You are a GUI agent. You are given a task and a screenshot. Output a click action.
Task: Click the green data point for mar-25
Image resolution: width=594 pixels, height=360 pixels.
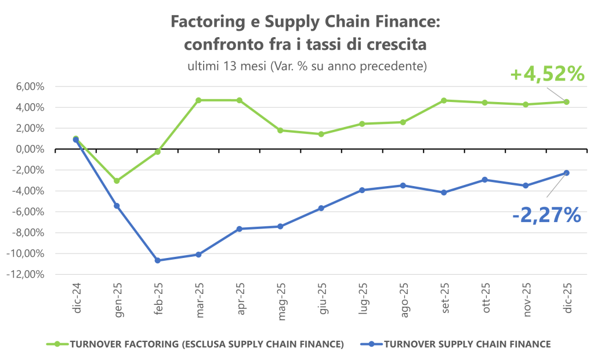click(198, 100)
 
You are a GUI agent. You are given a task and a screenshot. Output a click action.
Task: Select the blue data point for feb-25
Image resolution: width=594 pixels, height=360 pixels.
click(158, 260)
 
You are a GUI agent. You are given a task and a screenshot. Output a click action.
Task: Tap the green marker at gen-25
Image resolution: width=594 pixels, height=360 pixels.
click(117, 181)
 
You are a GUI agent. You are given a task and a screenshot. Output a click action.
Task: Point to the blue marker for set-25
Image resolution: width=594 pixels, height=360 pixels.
click(444, 192)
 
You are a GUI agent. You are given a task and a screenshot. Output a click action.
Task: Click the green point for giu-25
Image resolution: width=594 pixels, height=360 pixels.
click(321, 134)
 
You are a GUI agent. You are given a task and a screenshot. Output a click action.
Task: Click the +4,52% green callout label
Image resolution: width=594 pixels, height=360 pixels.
click(546, 74)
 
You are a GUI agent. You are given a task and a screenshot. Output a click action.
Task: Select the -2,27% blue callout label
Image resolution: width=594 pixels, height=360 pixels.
click(546, 215)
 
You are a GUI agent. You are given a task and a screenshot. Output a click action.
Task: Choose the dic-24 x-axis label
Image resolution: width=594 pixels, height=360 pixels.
click(77, 297)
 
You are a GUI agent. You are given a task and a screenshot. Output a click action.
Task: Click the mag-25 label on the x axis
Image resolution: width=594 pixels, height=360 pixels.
click(280, 297)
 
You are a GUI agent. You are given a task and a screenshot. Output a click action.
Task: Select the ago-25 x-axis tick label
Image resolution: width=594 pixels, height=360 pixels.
click(403, 297)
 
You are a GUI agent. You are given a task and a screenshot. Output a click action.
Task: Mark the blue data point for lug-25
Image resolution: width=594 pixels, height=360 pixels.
click(362, 190)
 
